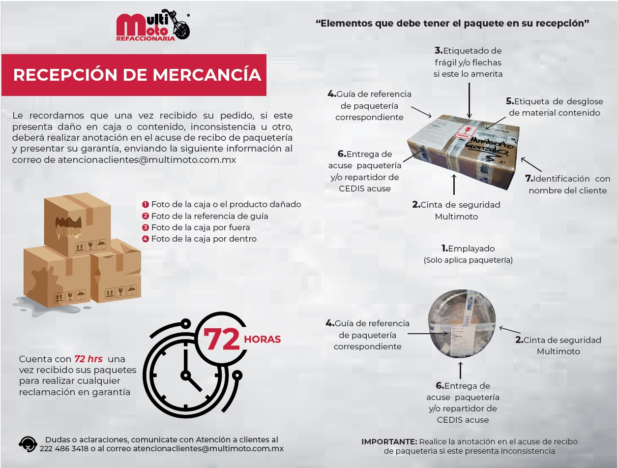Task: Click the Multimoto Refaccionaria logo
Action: [152, 27]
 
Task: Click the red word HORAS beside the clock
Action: [262, 339]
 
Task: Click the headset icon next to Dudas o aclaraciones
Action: [28, 444]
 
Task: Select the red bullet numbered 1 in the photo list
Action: [146, 204]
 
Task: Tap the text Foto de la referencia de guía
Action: [209, 216]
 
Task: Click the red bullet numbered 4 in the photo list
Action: [146, 239]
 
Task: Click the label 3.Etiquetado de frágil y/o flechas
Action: [468, 62]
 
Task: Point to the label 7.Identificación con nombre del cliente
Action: [569, 185]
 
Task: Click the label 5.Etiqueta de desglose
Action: [554, 107]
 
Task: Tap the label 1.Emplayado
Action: [468, 249]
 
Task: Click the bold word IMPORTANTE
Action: [389, 441]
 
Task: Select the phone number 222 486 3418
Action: [64, 448]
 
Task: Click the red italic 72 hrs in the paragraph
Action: [88, 359]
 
